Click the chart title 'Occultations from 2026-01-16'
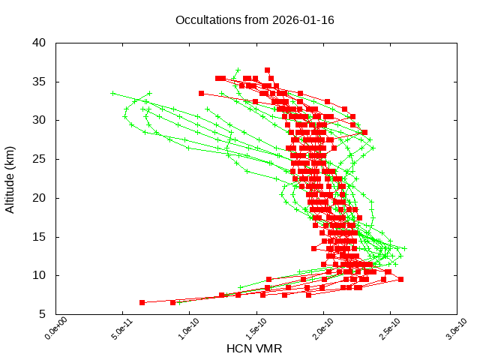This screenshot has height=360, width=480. click(254, 20)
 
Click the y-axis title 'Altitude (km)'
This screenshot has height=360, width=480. click(10, 178)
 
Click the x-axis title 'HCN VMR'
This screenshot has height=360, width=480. click(254, 349)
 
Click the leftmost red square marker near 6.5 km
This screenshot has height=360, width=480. click(142, 302)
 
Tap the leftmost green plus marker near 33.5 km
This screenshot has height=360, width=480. click(113, 93)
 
